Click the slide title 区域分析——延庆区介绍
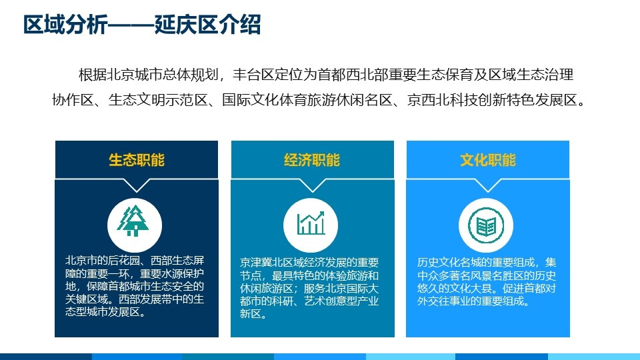pos(141,25)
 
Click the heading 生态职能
pos(137,160)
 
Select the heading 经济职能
pos(312,160)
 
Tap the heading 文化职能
pos(488,160)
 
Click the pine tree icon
pos(133,221)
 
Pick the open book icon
pos(486,225)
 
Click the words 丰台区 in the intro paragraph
pos(253,75)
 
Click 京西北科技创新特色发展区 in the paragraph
pos(491,100)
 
